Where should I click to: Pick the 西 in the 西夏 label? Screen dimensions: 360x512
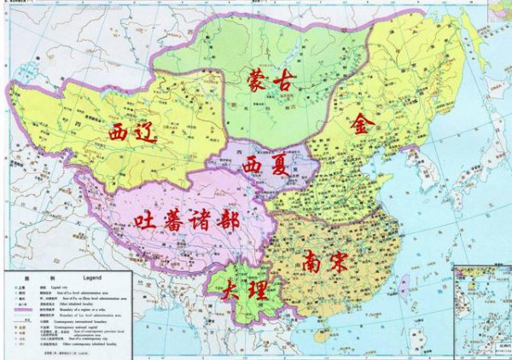tap(253, 163)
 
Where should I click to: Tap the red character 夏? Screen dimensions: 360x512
tap(282, 163)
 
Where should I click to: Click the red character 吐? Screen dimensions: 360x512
tap(146, 221)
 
